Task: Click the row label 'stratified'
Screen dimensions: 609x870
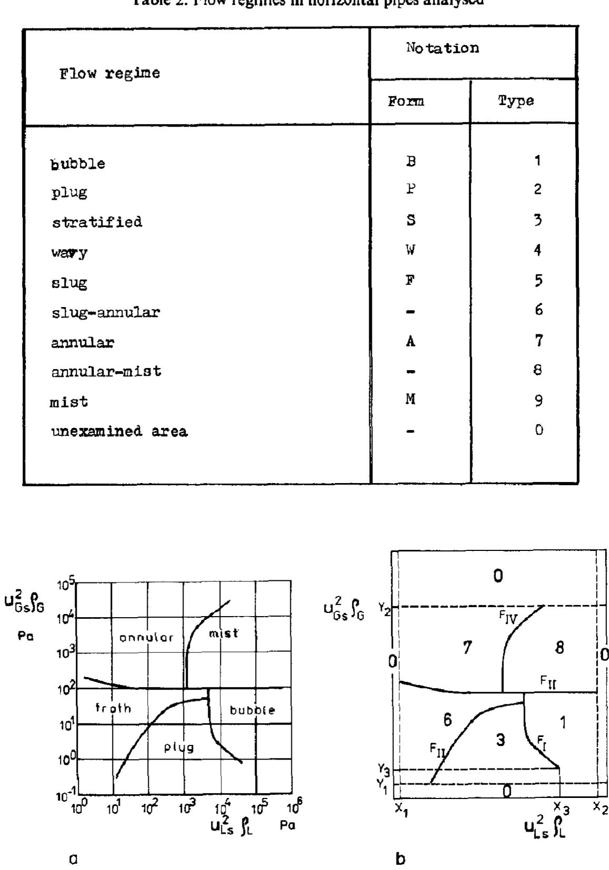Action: (x=97, y=222)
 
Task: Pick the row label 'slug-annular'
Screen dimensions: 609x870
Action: (x=106, y=313)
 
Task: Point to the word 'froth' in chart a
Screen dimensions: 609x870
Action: (x=113, y=709)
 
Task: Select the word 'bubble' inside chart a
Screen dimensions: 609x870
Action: (x=253, y=711)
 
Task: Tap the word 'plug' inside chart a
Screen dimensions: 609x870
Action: (x=179, y=747)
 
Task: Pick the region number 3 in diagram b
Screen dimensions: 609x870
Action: (x=501, y=741)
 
